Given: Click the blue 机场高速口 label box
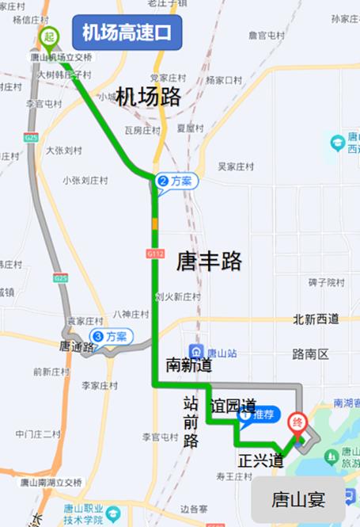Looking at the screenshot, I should click(127, 33).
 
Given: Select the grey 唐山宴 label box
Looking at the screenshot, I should click(298, 499).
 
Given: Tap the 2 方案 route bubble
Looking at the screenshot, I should click(176, 181).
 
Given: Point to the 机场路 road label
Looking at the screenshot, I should click(149, 97).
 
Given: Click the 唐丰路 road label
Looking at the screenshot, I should click(209, 261).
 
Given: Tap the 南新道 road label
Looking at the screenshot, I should click(188, 365).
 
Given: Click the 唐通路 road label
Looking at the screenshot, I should click(76, 346).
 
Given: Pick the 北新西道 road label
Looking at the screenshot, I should click(316, 319).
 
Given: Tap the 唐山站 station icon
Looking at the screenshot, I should click(195, 351).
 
